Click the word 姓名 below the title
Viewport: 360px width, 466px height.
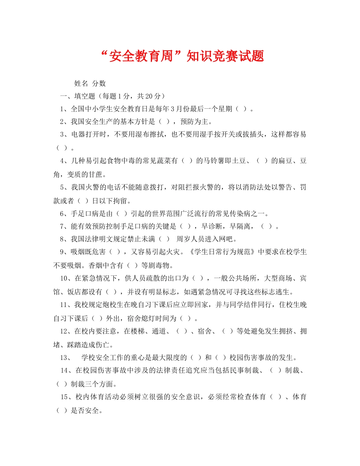point(81,84)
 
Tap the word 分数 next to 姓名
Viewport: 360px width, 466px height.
point(99,84)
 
